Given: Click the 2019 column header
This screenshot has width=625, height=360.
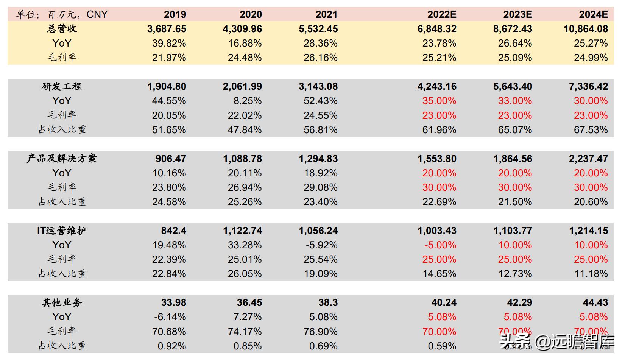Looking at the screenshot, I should pos(175,14).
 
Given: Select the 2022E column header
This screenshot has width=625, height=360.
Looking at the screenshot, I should pos(442,14).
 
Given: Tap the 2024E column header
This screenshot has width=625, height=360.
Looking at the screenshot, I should pos(593,14).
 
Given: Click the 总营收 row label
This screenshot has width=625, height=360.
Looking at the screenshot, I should pos(62,29).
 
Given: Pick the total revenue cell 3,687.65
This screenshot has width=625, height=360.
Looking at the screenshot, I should pos(167,29).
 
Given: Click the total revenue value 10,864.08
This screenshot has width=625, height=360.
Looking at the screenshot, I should pos(586,29).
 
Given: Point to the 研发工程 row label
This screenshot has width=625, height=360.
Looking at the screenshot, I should pos(62,86).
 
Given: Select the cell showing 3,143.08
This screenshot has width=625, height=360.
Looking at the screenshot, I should pos(318,86).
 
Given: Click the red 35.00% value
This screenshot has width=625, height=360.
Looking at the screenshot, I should pos(439,101).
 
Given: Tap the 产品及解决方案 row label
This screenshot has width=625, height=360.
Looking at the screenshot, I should pos(62,159).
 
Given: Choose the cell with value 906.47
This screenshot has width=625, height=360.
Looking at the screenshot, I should pos(171,159).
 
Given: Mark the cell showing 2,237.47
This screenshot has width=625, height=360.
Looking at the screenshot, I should pos(588,159).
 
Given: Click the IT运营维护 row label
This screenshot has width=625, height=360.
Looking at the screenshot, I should pos(62,231).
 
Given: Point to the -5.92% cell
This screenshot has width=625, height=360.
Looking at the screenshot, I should pos(321,245).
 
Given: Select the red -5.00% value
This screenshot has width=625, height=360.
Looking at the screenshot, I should pos(440,245).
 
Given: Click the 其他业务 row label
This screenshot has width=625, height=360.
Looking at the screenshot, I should pos(62,302).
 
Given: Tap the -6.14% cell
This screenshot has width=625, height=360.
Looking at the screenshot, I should pos(170,317).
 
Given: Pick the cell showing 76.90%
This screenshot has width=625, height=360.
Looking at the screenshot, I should pos(320,332).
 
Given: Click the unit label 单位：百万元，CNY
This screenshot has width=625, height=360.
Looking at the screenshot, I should pos(62,14).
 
